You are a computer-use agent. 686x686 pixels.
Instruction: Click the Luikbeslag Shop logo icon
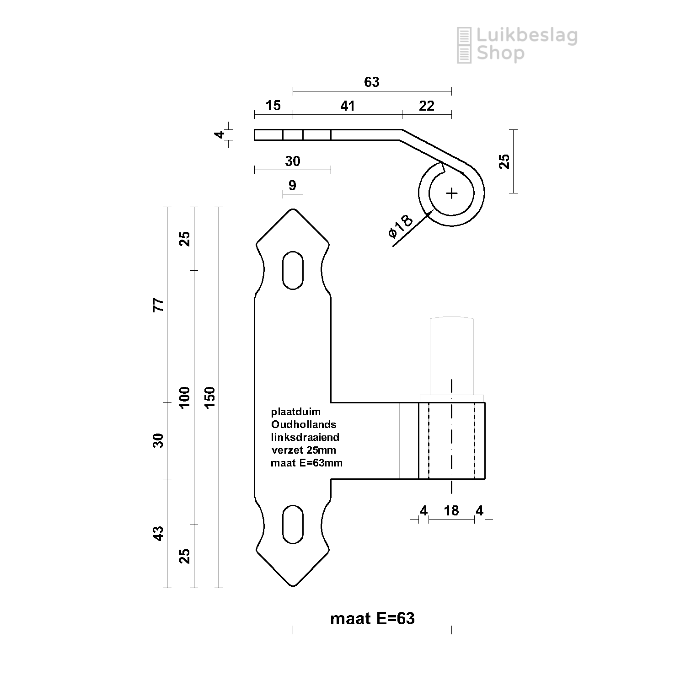coord(464,45)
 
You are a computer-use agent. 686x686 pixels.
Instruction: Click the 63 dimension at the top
coord(371,82)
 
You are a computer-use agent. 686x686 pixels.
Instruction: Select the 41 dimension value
coord(348,106)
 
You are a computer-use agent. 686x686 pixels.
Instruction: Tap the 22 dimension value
coord(426,106)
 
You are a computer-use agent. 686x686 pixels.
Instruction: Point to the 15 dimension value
coord(273,106)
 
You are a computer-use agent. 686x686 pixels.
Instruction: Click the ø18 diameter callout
coord(401,226)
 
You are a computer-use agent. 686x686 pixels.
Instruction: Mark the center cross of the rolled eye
coord(451,193)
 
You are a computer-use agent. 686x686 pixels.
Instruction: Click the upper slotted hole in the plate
coord(293,270)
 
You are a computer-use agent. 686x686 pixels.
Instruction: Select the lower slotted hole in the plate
coord(293,524)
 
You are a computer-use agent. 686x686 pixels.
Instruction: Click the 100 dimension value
coord(184,397)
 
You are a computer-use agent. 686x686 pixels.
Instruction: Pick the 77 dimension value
coord(158,305)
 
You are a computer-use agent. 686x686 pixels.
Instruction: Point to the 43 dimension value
coord(158,533)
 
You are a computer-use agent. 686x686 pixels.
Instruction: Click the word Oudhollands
coord(304,424)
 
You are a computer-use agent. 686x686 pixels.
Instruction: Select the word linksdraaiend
coord(305,437)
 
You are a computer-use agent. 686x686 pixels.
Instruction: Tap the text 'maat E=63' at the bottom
coord(372,619)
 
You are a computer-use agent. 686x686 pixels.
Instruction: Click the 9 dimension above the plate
coord(292,185)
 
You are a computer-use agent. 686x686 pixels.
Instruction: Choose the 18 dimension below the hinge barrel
coord(451,510)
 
